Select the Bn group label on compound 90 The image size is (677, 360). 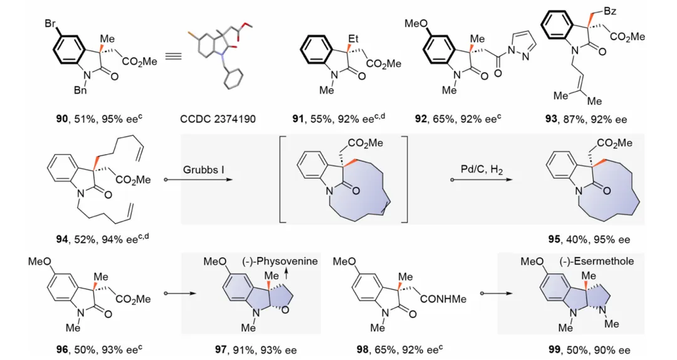[79, 92]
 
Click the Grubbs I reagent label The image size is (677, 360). [204, 169]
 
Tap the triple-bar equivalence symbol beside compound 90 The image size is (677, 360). [173, 57]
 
